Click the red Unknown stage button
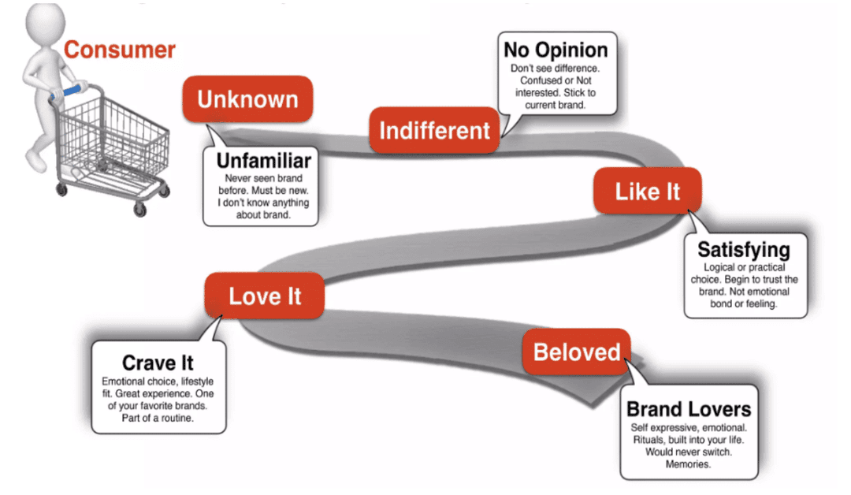pyautogui.click(x=247, y=99)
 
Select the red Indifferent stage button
pyautogui.click(x=435, y=130)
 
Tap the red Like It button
pyautogui.click(x=647, y=191)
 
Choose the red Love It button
pyautogui.click(x=265, y=296)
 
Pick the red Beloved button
pyautogui.click(x=577, y=352)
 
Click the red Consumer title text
pyautogui.click(x=120, y=50)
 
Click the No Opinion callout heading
pyautogui.click(x=556, y=50)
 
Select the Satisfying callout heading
pyautogui.click(x=743, y=251)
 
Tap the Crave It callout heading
pyautogui.click(x=158, y=363)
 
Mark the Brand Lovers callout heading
pyautogui.click(x=689, y=409)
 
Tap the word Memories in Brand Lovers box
pyautogui.click(x=689, y=464)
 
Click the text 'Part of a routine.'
pyautogui.click(x=158, y=418)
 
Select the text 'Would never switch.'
pyautogui.click(x=689, y=452)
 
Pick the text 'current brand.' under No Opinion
pyautogui.click(x=556, y=104)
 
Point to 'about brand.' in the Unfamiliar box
pyautogui.click(x=263, y=214)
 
